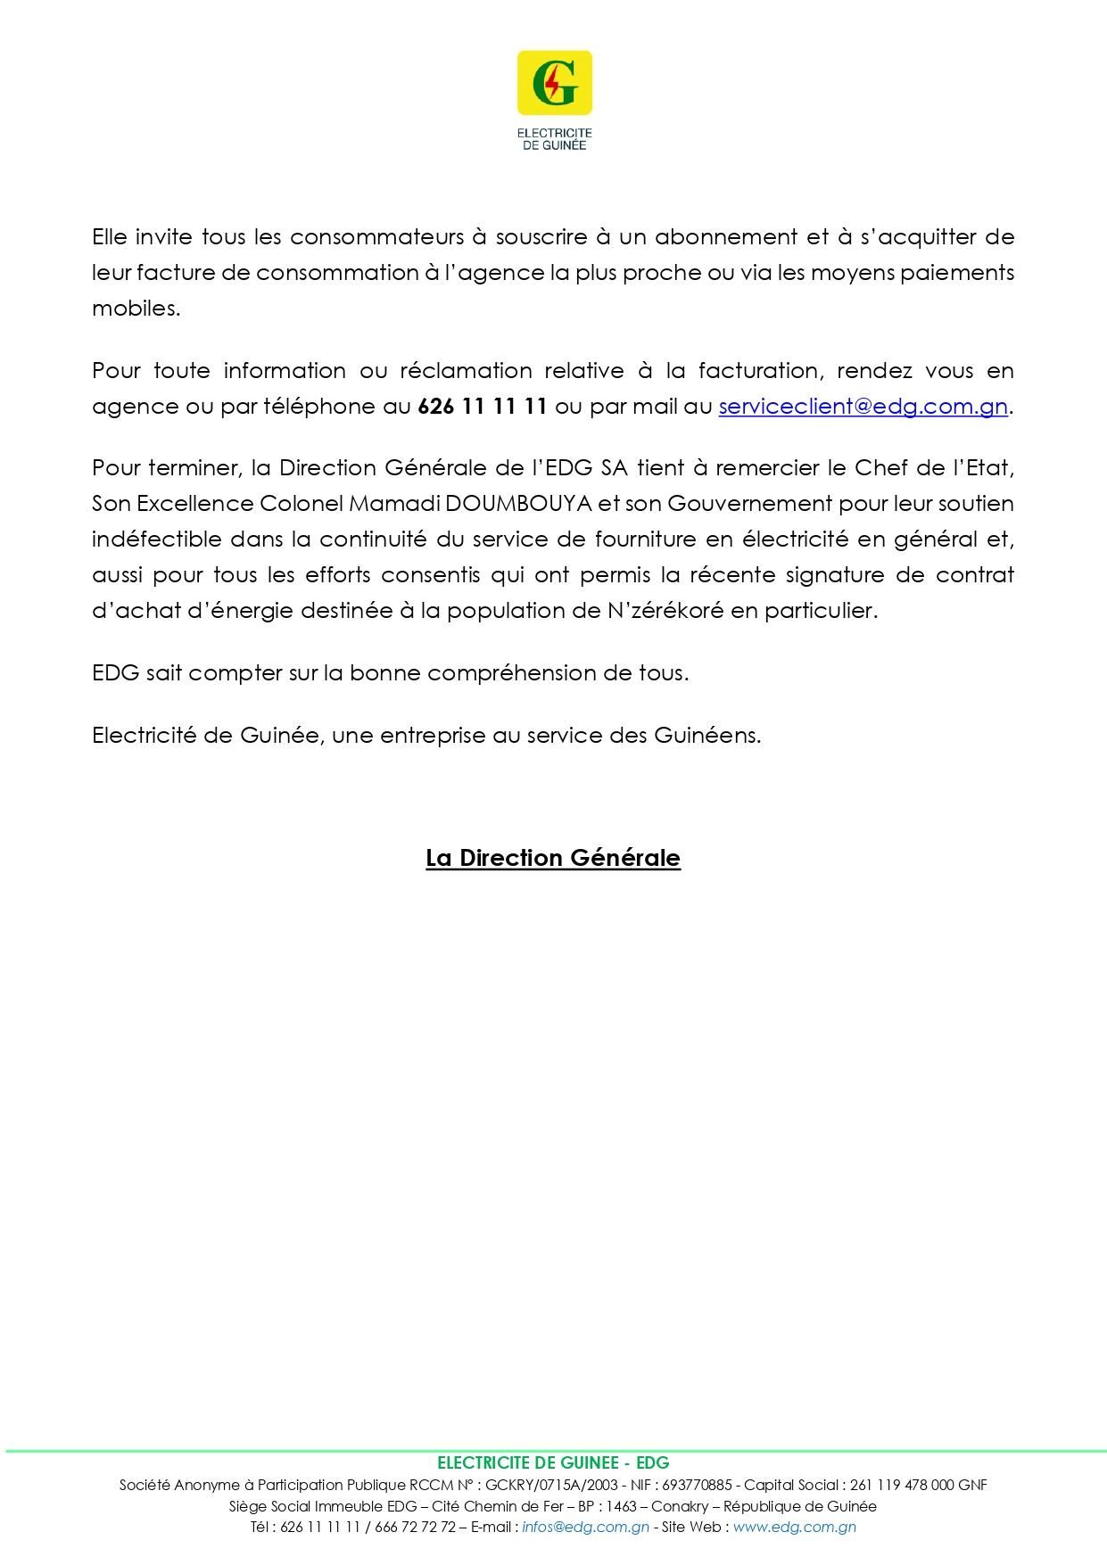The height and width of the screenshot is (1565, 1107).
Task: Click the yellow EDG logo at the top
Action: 554,83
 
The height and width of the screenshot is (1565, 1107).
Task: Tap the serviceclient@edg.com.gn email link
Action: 863,407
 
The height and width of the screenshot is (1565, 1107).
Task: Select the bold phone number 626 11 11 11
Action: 482,407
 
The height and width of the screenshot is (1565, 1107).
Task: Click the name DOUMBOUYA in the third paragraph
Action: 518,504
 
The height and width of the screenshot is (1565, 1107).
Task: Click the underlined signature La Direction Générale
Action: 553,858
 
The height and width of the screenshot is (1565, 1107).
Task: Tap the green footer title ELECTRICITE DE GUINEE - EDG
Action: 553,1462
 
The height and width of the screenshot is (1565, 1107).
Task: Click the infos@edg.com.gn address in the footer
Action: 585,1527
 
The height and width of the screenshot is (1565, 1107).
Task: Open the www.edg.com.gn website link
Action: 794,1527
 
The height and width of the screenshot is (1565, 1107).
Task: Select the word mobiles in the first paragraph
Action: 136,309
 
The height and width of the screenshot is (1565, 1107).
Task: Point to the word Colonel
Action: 301,504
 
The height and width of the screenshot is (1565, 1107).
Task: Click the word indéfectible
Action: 156,540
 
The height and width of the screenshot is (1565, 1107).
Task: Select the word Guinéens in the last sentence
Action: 706,736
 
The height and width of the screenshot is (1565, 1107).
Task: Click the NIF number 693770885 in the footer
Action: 697,1485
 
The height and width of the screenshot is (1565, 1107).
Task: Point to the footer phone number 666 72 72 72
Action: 415,1527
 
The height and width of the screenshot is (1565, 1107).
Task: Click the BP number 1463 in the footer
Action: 621,1506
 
